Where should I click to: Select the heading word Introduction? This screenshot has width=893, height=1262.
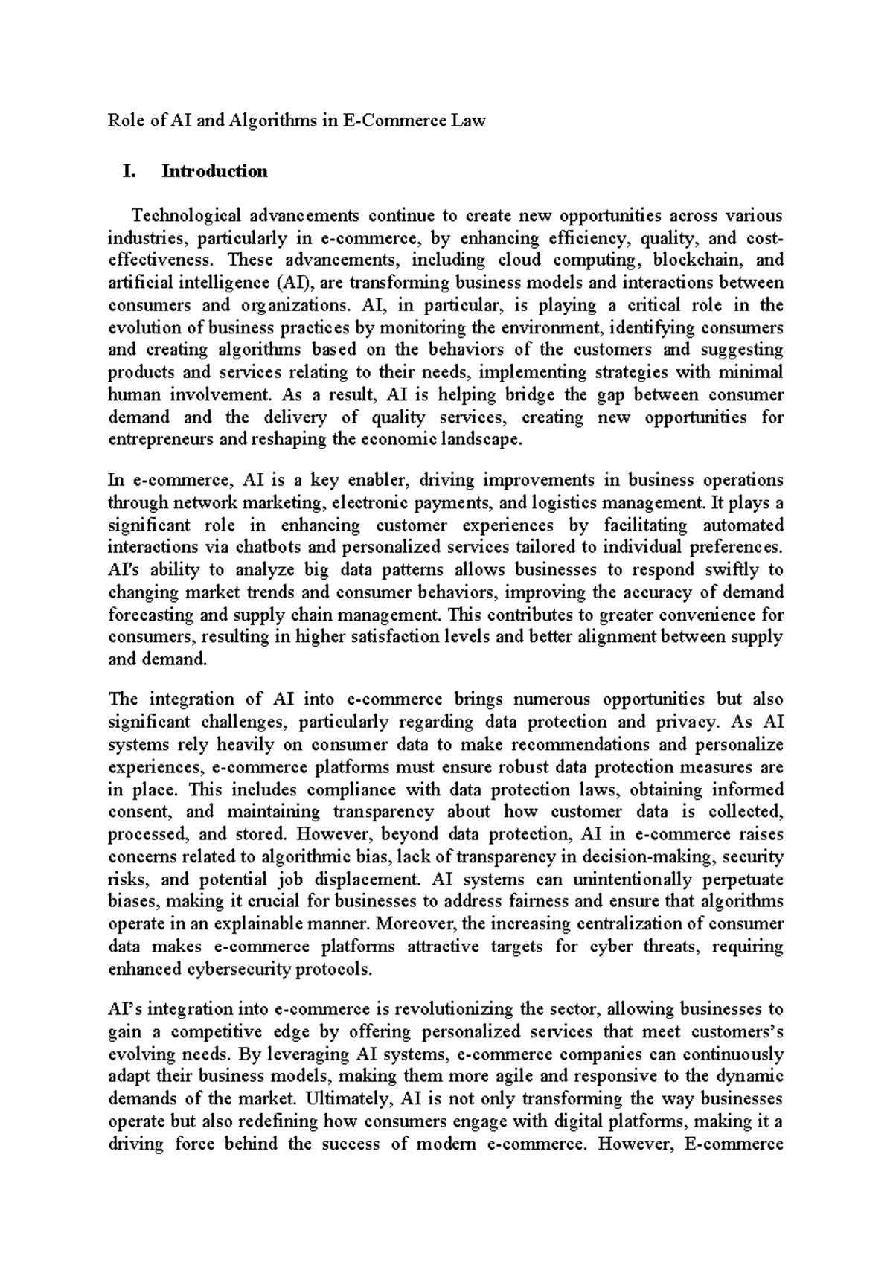coord(214,172)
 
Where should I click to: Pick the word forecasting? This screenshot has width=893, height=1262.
coord(151,615)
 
